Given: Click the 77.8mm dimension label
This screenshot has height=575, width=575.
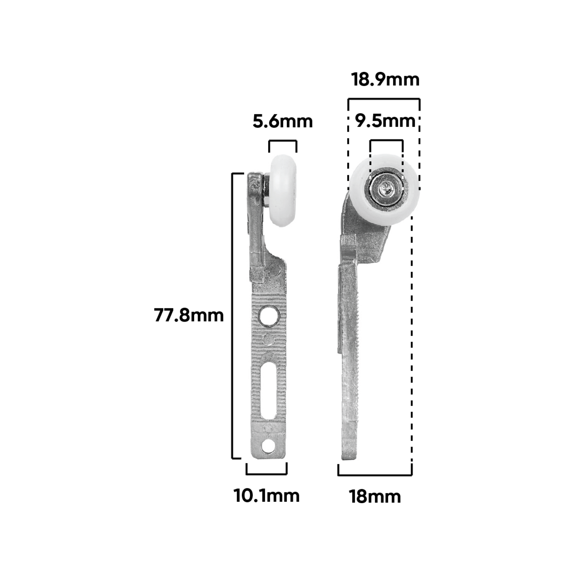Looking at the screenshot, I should coord(189,315).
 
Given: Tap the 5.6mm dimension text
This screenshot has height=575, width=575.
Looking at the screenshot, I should coord(282,121).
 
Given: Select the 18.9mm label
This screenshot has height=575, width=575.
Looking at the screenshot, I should coord(385,79).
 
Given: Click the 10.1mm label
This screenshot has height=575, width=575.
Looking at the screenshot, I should coord(266,496).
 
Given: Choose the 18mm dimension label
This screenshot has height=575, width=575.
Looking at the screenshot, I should coord(374,497).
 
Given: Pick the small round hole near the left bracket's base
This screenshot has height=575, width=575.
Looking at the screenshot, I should coord(267,446).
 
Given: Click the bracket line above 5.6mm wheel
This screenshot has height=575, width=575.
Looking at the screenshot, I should coord(282,141).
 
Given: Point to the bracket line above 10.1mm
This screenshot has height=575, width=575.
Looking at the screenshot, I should coord(266,474).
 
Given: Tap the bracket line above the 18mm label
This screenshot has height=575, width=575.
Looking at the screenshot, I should coord(374,475).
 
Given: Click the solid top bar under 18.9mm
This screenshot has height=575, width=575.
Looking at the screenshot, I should coord(383,99).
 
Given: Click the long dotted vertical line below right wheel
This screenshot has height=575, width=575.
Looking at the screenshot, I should coord(411,341).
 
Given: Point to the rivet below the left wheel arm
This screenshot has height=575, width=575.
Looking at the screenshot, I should coord(275,268).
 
